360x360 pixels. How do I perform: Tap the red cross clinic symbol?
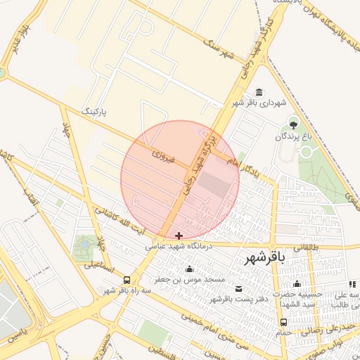click(179, 236)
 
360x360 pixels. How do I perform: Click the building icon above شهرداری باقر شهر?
click(260, 93)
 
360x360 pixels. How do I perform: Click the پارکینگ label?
click(96, 111)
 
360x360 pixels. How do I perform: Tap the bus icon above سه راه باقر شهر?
click(127, 279)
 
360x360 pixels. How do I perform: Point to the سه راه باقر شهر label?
click(127, 290)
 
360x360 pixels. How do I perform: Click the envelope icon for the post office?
click(238, 289)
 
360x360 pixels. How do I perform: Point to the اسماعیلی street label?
click(98, 266)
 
